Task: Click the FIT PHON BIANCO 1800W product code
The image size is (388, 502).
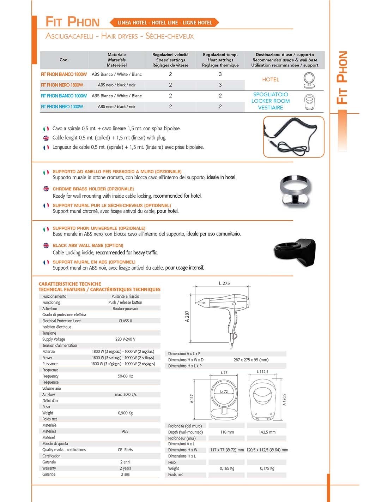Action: pyautogui.click(x=64, y=74)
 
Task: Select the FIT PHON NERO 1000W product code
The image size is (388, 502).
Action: pyautogui.click(x=62, y=107)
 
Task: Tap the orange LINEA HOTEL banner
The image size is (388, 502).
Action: pyautogui.click(x=164, y=23)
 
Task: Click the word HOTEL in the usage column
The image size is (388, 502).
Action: pyautogui.click(x=271, y=80)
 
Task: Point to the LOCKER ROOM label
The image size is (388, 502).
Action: pyautogui.click(x=271, y=101)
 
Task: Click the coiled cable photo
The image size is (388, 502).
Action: pyautogui.click(x=293, y=137)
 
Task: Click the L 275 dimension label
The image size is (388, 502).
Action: pyautogui.click(x=224, y=283)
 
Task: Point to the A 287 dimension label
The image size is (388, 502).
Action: pyautogui.click(x=187, y=316)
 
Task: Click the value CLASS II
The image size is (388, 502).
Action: pyautogui.click(x=125, y=321)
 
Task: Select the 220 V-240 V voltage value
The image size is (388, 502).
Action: pyautogui.click(x=125, y=339)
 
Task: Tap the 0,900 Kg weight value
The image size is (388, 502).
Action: pyautogui.click(x=125, y=413)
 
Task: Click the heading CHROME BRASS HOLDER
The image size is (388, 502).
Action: pyautogui.click(x=93, y=189)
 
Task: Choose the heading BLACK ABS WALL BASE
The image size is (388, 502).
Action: pyautogui.click(x=88, y=245)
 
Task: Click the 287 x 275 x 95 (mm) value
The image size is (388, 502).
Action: pyautogui.click(x=251, y=360)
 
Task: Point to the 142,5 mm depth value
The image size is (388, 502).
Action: pyautogui.click(x=267, y=432)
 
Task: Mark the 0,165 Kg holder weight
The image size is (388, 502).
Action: pyautogui.click(x=227, y=468)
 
